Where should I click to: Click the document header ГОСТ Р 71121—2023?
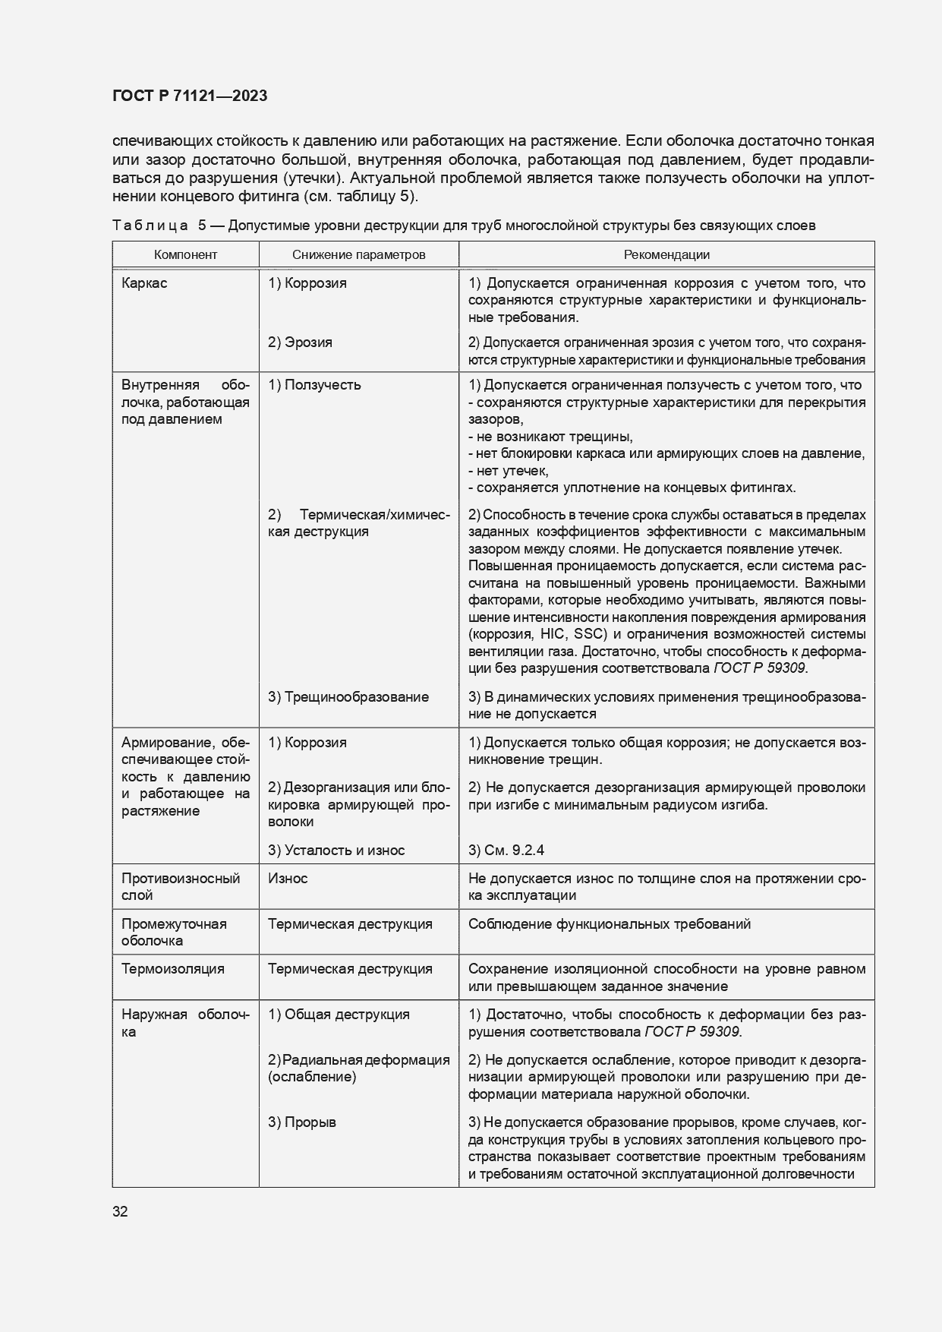[x=190, y=96]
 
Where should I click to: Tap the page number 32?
[x=120, y=1211]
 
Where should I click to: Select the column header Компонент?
[x=185, y=255]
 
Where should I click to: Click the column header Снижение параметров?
[x=358, y=255]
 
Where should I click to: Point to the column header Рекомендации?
[x=666, y=255]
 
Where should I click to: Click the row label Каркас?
[x=144, y=283]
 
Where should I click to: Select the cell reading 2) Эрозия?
[x=300, y=342]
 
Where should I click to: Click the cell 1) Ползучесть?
[x=314, y=385]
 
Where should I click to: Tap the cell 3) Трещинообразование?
[x=348, y=697]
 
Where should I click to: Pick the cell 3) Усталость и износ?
[x=336, y=851]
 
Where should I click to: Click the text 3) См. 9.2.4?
[x=506, y=851]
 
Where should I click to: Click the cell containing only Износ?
[x=288, y=879]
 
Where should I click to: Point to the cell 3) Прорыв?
[x=301, y=1122]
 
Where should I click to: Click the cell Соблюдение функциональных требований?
[x=610, y=924]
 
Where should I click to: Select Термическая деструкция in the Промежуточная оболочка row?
[x=350, y=924]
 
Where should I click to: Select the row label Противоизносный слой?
[x=181, y=887]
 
